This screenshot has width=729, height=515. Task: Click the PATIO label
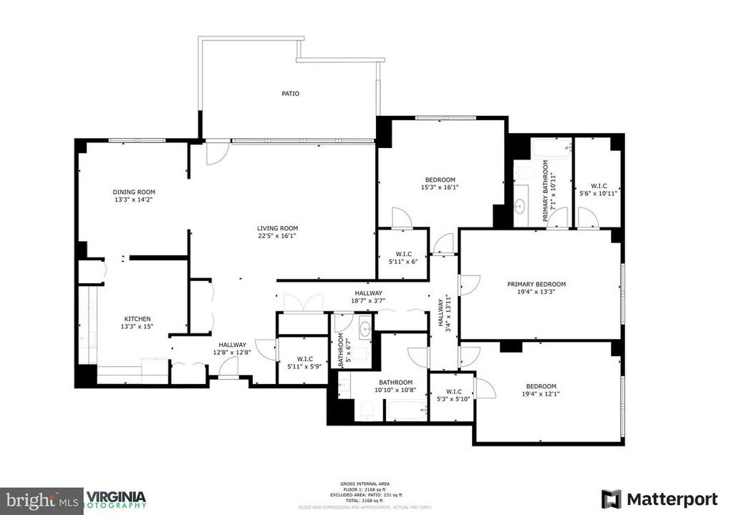coord(290,94)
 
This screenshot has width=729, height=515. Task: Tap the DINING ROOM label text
coord(134,192)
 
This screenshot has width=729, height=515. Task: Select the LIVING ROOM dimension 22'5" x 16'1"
coord(277,235)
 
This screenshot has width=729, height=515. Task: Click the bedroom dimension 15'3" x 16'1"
coord(440,187)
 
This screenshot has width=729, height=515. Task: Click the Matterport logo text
coord(672,499)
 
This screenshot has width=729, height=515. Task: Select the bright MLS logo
coord(42,499)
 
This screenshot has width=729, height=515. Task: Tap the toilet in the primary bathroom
coord(523,174)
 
